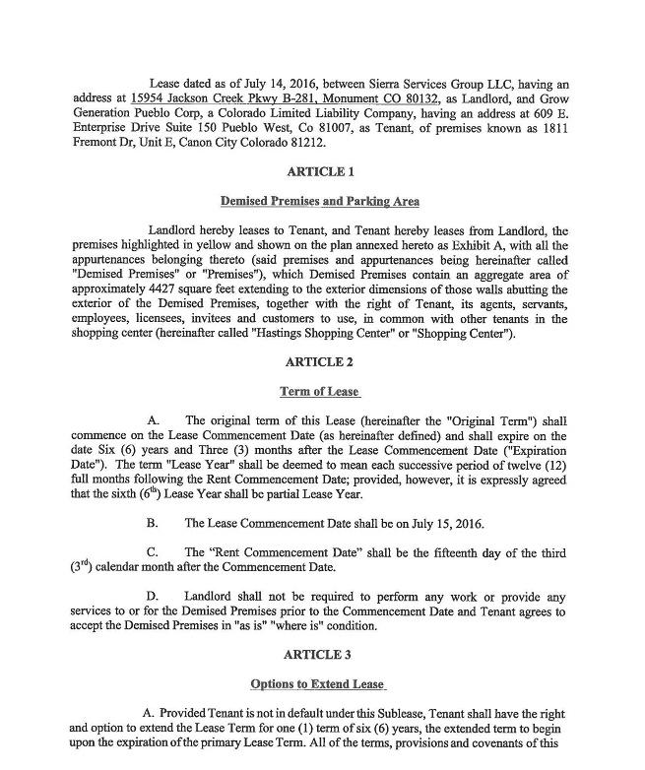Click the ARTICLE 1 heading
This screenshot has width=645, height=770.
tap(320, 171)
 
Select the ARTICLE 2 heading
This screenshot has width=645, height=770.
tap(320, 362)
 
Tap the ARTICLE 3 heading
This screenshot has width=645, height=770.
tap(320, 655)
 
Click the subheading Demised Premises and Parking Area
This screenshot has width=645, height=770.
tap(320, 202)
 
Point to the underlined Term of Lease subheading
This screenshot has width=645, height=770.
tap(320, 392)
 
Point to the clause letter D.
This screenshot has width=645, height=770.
tap(152, 597)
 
